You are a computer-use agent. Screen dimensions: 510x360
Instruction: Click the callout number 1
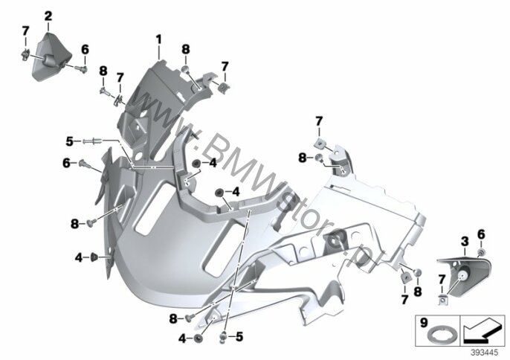pos(158,40)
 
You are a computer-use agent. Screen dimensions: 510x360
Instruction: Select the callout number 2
pos(48,16)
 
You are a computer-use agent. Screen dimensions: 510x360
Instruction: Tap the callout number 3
pos(465,242)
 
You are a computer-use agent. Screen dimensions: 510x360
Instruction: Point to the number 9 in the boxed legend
pos(424,324)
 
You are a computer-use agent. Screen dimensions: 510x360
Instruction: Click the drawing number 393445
pos(485,353)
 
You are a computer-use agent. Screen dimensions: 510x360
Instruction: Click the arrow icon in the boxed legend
pos(482,331)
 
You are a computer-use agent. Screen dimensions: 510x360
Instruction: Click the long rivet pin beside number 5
pos(93,141)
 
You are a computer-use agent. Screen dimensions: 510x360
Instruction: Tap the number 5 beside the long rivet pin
pos(69,141)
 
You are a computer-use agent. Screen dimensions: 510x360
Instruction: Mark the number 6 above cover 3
pos(481,234)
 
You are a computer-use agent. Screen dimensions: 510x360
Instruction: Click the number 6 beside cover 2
pos(85,50)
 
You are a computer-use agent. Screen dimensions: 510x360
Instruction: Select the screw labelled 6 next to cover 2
pos(81,69)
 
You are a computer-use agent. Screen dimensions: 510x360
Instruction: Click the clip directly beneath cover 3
pos(442,300)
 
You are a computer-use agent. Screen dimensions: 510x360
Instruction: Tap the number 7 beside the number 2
pos(25,31)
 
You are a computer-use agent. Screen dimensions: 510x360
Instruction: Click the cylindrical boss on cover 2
pos(49,60)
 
